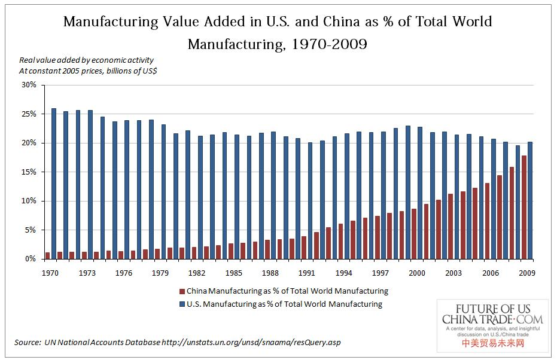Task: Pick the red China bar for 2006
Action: [x=488, y=221]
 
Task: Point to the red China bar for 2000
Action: [x=414, y=234]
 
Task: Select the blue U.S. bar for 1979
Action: [x=163, y=191]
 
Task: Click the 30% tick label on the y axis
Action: [x=29, y=85]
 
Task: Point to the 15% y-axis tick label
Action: [x=29, y=172]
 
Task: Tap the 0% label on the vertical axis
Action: [x=31, y=259]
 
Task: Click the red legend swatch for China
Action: [x=182, y=291]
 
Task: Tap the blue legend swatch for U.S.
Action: [x=182, y=304]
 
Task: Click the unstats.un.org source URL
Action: [x=251, y=342]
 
